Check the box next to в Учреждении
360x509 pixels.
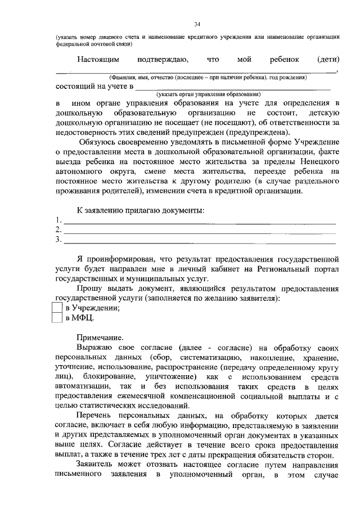coord(56,308)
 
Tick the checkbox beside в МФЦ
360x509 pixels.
coord(56,318)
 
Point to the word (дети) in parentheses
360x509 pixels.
coord(327,58)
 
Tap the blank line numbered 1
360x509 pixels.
coord(200,222)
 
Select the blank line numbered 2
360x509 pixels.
coord(200,231)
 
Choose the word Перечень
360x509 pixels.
coord(94,416)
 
